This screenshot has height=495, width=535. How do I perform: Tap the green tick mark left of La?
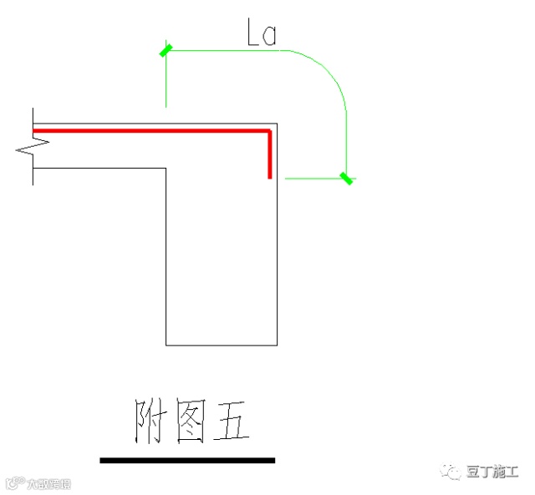166,51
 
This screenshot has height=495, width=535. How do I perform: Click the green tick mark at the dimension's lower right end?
345,177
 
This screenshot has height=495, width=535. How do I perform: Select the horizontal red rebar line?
150,130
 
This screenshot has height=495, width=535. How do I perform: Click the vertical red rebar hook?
270,155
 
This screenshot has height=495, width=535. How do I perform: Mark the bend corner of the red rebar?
269,131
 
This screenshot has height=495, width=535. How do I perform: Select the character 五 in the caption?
230,422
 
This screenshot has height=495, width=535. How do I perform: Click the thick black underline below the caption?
187,460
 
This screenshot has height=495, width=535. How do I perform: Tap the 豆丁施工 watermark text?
493,472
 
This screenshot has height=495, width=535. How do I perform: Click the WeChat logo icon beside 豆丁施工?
453,472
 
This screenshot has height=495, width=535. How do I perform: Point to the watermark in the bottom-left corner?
38,483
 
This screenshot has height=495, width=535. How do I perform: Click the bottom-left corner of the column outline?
166,344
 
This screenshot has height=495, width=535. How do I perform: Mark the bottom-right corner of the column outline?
277,344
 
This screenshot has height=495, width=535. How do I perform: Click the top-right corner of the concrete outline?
277,122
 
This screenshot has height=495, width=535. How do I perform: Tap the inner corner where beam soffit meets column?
166,169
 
